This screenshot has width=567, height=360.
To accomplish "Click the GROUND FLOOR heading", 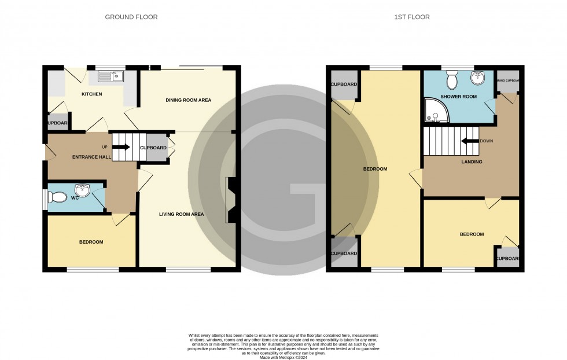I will click(x=131, y=17).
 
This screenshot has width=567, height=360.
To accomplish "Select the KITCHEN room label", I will click(x=91, y=94).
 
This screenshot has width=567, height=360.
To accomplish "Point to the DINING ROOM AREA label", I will click(x=188, y=100).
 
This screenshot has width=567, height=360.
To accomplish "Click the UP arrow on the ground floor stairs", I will click(x=121, y=147).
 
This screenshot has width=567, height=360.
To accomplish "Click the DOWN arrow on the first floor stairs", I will click(x=469, y=141).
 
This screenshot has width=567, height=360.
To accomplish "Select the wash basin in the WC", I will click(x=84, y=189).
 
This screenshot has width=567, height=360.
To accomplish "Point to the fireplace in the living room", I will click(x=232, y=200).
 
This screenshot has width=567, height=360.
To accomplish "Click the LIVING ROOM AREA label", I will click(x=182, y=214).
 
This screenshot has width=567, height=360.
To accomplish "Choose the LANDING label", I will click(x=472, y=162).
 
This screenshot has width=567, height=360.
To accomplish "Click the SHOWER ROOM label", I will click(x=458, y=97).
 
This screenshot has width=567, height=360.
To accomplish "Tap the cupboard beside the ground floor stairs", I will click(x=153, y=148).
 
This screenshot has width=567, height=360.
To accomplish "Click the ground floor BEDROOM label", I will click(x=91, y=242).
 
